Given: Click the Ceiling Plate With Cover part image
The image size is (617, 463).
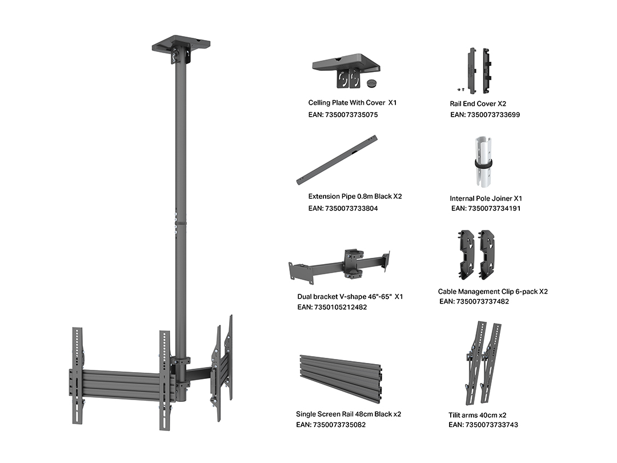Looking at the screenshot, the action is (346, 71).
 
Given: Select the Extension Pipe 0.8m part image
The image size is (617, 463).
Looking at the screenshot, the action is (337, 160).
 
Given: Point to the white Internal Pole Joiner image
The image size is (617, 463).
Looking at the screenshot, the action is (483, 162).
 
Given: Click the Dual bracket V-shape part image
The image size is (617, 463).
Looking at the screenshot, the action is (339, 265).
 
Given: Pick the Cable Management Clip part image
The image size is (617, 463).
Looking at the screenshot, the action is (476, 254).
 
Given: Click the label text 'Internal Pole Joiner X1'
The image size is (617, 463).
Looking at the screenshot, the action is (486, 198).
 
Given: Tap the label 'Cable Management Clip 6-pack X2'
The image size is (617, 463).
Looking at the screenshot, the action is (492, 292).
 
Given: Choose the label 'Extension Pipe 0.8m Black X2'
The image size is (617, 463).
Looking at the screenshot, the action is (355, 197).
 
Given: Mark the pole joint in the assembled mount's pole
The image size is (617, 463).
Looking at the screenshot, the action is (181, 223).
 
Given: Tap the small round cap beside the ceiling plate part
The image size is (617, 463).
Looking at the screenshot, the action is (371, 82).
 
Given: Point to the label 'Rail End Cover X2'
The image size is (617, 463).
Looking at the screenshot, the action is (478, 104).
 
